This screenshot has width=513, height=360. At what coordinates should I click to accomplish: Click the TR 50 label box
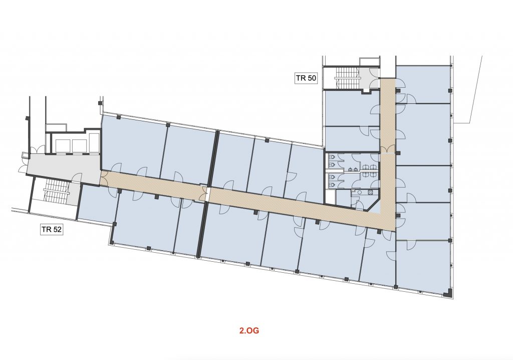pos(306,78)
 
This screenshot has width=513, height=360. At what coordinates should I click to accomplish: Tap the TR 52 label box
pos(52,229)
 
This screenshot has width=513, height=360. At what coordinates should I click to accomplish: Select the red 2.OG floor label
pos(249,330)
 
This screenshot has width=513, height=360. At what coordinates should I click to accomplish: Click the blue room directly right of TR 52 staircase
pos(96,203)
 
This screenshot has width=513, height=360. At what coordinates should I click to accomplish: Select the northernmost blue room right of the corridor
pos(423,85)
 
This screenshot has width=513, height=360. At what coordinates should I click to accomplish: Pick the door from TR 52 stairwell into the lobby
pos(77,178)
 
